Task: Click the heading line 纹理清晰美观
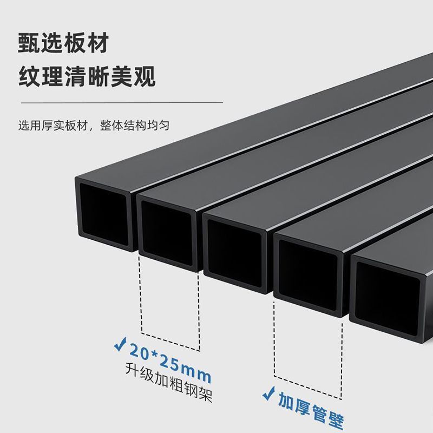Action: pos(87,77)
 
